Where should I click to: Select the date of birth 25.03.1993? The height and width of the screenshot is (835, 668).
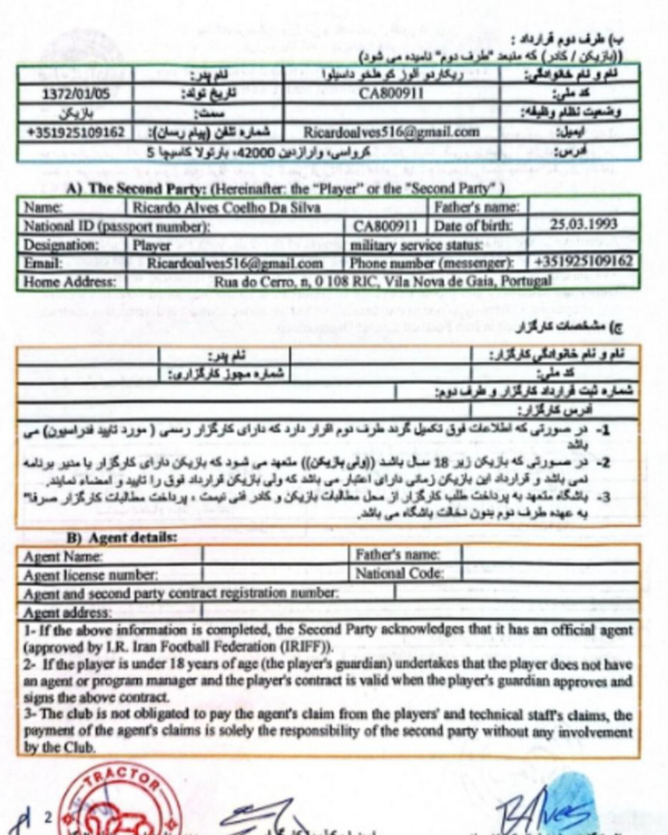coord(583,224)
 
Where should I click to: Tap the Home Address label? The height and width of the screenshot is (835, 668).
coord(70,282)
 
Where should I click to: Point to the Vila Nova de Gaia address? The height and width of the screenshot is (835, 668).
coord(382,281)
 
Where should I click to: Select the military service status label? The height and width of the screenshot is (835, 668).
coord(416,245)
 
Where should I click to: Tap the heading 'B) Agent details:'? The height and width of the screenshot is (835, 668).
coord(122,538)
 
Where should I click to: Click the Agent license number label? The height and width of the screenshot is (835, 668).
coord(90,575)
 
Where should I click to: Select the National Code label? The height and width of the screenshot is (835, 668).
coord(399,574)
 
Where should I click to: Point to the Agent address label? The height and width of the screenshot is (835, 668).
coord(67,613)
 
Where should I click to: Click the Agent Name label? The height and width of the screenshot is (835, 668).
coord(63,556)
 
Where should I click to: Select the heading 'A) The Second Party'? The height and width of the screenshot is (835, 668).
coord(285,189)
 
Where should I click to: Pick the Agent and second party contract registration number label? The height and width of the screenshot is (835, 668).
coord(180,594)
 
